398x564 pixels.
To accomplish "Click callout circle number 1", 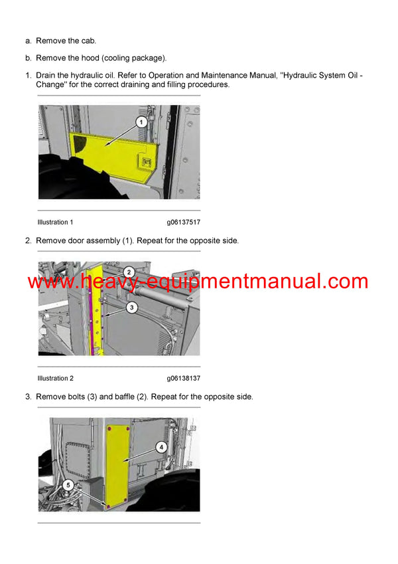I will [141, 121].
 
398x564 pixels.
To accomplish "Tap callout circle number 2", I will [129, 271].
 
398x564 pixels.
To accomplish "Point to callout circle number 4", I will [161, 447].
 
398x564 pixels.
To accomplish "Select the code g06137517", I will [184, 222].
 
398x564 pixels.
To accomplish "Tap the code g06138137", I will [184, 379].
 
